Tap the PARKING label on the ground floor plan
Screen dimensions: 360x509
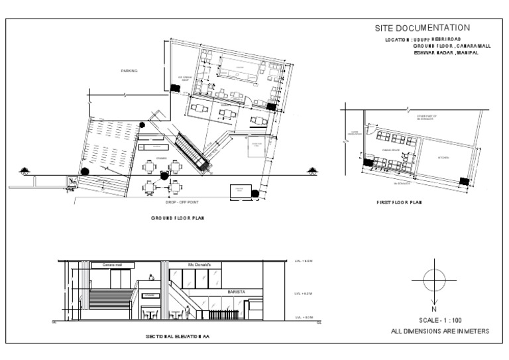[129, 70]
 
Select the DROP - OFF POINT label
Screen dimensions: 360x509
[164, 201]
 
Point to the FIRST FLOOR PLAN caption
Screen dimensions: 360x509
[398, 202]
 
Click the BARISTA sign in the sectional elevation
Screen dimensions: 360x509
[236, 291]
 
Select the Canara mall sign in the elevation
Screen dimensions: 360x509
[113, 265]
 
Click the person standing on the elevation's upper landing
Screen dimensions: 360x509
[152, 278]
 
